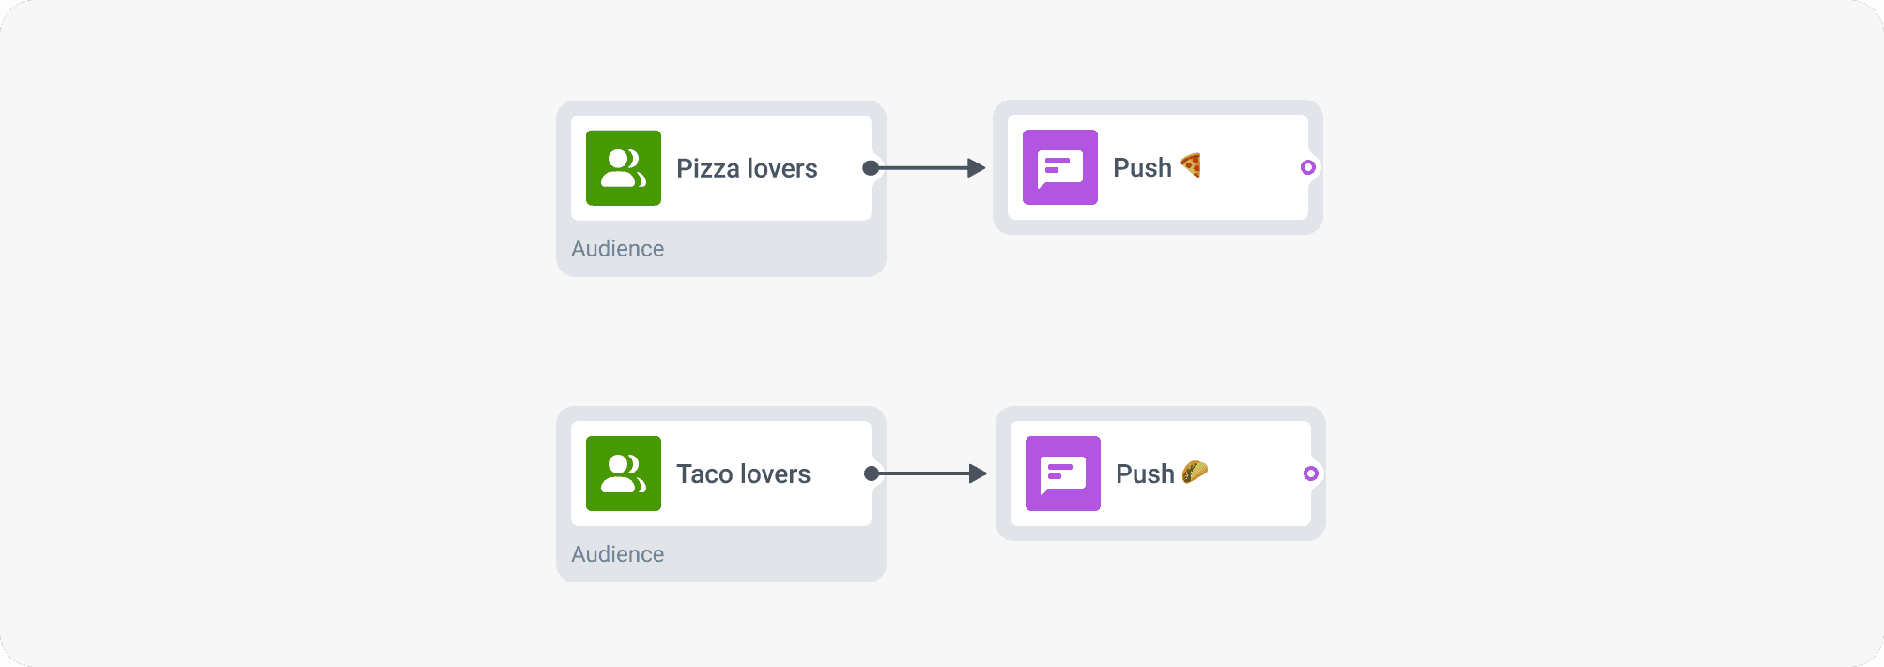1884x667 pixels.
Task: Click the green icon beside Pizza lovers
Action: pyautogui.click(x=624, y=168)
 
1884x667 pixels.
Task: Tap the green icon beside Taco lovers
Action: pyautogui.click(x=624, y=473)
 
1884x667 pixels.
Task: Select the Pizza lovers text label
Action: pyautogui.click(x=747, y=168)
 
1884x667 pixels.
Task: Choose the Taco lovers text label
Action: pyautogui.click(x=743, y=473)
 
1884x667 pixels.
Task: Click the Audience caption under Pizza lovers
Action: pyautogui.click(x=617, y=249)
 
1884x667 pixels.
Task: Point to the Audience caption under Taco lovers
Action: pyautogui.click(x=617, y=554)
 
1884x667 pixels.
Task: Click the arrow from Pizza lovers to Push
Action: pyautogui.click(x=925, y=168)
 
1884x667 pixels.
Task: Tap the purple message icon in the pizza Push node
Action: pyautogui.click(x=1060, y=167)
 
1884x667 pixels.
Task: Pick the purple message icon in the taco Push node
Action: pyautogui.click(x=1063, y=473)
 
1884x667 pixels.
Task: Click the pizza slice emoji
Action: pyautogui.click(x=1191, y=165)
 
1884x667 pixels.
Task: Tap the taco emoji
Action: pyautogui.click(x=1195, y=472)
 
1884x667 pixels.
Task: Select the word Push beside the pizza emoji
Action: pyautogui.click(x=1142, y=168)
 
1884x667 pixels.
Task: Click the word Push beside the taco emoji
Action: pyautogui.click(x=1145, y=473)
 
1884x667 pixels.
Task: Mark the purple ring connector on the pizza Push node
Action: pyautogui.click(x=1308, y=167)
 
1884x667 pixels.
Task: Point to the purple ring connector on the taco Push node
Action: pyautogui.click(x=1311, y=473)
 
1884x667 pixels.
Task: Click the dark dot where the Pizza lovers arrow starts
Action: pyautogui.click(x=871, y=168)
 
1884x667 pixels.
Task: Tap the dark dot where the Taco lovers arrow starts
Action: pyautogui.click(x=872, y=473)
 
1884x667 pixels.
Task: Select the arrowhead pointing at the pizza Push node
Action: pyautogui.click(x=977, y=168)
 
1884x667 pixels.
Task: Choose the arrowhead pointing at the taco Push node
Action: pyautogui.click(x=979, y=473)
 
